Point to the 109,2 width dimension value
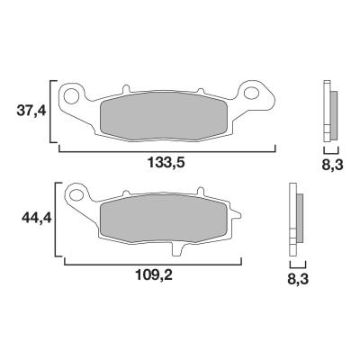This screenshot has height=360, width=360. (x=150, y=275)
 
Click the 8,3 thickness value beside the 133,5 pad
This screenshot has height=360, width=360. (x=330, y=166)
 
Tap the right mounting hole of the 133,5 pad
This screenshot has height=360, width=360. (x=254, y=91)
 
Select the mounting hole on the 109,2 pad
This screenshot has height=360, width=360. (x=78, y=193)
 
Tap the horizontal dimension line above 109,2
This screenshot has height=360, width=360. (x=153, y=264)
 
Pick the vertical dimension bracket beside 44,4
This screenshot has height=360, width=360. (x=58, y=219)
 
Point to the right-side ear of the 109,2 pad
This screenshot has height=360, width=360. (x=239, y=215)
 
